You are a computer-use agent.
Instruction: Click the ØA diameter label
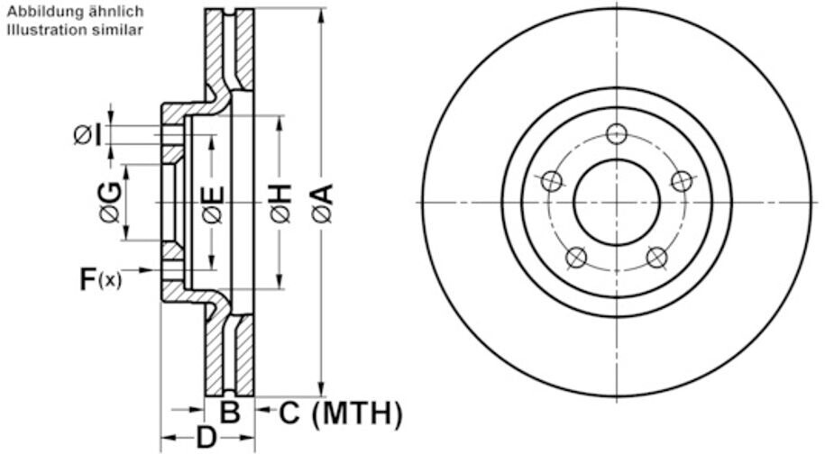coord(323,203)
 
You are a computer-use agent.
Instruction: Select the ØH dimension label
coord(281,203)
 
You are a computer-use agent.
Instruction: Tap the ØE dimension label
coord(213,204)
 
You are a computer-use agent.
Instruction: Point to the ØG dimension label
coord(112,202)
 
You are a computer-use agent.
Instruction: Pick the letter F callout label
coord(87,279)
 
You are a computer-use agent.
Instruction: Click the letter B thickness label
coord(229,412)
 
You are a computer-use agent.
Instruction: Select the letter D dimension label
coord(206,437)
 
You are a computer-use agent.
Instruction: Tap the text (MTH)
coord(357,413)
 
